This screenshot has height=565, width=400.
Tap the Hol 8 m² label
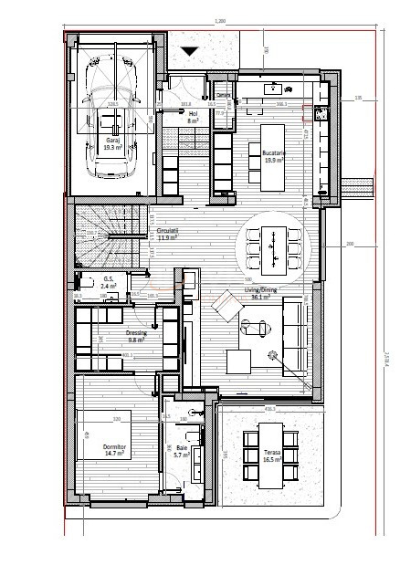click(x=194, y=117)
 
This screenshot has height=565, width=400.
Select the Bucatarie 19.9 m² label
click(x=276, y=157)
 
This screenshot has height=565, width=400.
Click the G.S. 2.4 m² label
click(x=108, y=282)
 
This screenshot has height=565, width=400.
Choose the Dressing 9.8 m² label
click(x=138, y=335)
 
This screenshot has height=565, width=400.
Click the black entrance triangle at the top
click(x=190, y=52)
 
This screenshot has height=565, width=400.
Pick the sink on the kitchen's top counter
click(x=273, y=88)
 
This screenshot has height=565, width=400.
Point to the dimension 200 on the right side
click(x=349, y=246)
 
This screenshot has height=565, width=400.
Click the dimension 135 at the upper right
click(x=359, y=97)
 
